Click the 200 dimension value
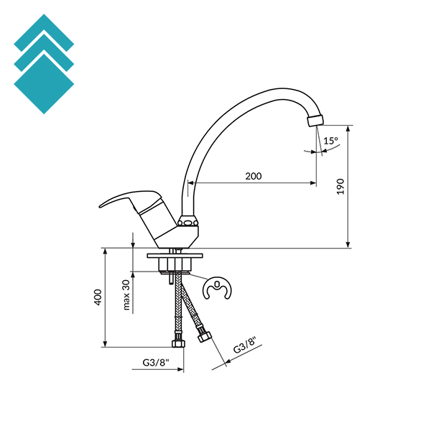pyautogui.click(x=253, y=176)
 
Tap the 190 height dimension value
pyautogui.click(x=340, y=187)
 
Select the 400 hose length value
pyautogui.click(x=98, y=297)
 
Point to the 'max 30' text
pyautogui.click(x=126, y=295)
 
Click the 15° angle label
pyautogui.click(x=330, y=141)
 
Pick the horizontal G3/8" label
pyautogui.click(x=155, y=363)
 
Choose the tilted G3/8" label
pyautogui.click(x=244, y=345)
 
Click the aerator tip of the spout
pyautogui.click(x=315, y=121)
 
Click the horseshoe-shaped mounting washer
pyautogui.click(x=217, y=288)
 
